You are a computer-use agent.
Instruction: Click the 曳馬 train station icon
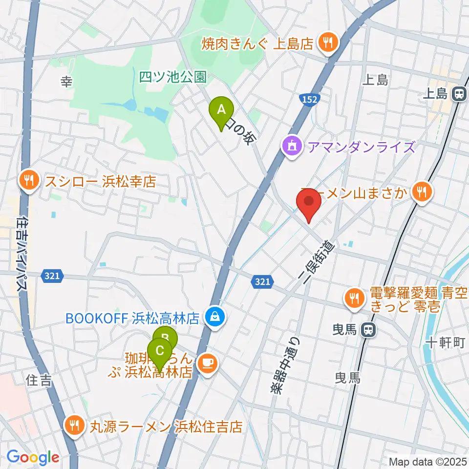[369, 331]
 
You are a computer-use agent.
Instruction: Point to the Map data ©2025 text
[427, 461]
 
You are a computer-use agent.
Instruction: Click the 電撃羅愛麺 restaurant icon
[353, 299]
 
